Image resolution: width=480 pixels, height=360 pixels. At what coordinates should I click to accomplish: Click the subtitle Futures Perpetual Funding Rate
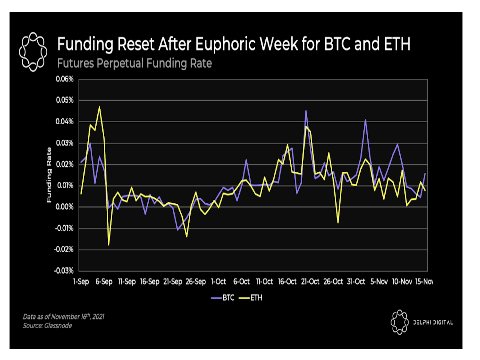click(134, 63)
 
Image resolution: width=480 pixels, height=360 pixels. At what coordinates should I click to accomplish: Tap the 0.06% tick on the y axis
click(64, 79)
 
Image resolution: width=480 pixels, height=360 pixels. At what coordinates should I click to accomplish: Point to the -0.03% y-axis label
click(64, 271)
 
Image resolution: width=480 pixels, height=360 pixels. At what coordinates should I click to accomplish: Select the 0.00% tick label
click(64, 207)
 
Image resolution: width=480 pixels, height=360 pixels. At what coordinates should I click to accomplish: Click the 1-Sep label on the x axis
click(81, 282)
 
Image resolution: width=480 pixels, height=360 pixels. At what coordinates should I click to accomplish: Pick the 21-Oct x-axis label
click(310, 282)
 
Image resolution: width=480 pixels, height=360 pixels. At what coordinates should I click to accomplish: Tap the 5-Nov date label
click(379, 282)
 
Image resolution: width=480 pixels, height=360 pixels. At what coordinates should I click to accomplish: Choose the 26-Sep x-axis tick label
click(196, 282)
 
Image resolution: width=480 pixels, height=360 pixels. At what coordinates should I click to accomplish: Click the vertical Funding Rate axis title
click(49, 175)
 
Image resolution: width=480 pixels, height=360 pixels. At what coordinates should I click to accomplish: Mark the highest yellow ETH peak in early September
click(99, 107)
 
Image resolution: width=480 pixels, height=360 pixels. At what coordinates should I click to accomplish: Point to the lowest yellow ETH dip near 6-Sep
click(109, 245)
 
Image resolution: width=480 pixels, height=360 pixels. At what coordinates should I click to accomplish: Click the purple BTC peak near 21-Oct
click(306, 111)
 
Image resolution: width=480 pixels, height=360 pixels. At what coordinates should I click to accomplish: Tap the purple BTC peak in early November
click(365, 120)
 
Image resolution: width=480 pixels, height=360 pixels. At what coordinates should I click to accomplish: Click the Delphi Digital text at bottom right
click(433, 322)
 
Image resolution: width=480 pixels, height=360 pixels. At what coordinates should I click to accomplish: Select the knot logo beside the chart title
click(33, 52)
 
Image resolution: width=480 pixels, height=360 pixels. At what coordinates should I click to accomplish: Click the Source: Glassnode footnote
click(47, 326)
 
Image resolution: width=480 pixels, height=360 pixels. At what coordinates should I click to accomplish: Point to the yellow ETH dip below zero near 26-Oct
click(338, 223)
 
